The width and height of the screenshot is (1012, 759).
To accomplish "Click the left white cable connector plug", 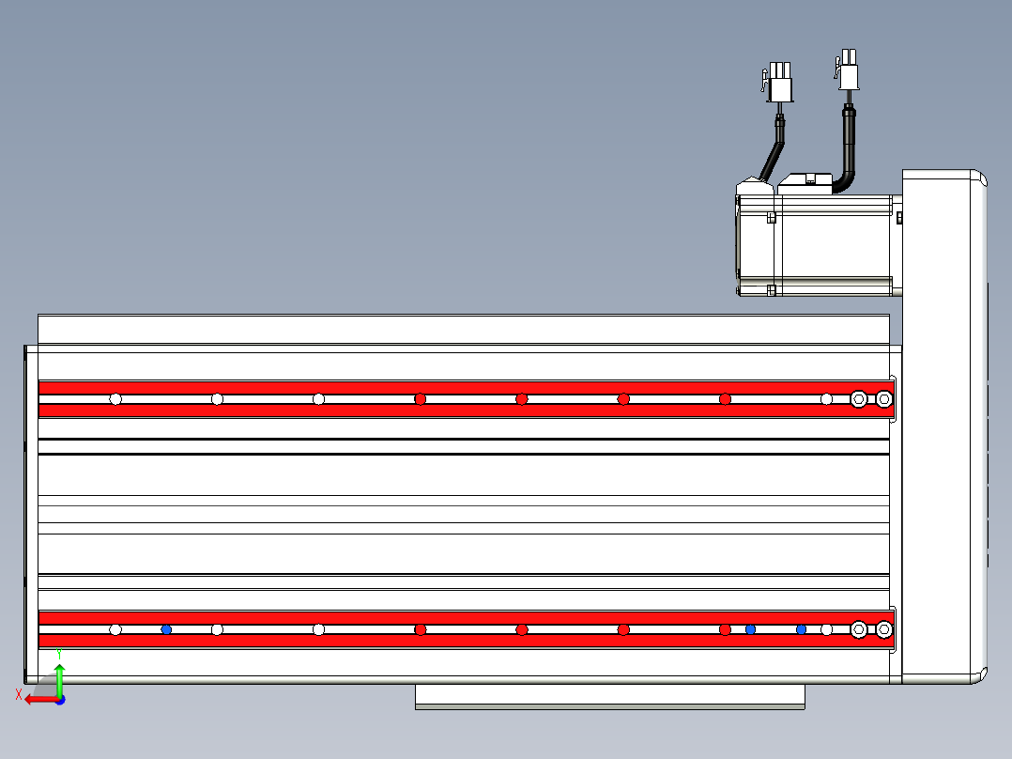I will (x=780, y=84).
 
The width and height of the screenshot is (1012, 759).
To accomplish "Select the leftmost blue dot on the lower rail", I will (x=166, y=629).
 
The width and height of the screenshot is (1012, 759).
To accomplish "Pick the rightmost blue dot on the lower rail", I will (x=801, y=629).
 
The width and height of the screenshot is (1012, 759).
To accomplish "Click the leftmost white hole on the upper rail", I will (x=115, y=399).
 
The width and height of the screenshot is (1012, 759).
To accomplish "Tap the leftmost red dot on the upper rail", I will (x=421, y=399).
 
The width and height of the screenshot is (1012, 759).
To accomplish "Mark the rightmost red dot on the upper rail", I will (x=725, y=399).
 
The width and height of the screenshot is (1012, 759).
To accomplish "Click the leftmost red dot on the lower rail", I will (x=421, y=629).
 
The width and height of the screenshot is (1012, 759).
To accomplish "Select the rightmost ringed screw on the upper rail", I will (x=883, y=399).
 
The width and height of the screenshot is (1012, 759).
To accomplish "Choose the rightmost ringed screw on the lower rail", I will (x=883, y=629).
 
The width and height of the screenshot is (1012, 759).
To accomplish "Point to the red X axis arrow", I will (x=38, y=700).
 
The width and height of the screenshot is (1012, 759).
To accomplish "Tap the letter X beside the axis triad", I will (x=19, y=695).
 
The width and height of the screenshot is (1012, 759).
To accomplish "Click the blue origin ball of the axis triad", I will (x=59, y=700).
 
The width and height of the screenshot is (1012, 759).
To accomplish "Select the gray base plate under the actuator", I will (x=609, y=696).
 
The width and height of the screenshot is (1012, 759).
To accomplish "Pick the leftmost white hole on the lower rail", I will (x=115, y=629).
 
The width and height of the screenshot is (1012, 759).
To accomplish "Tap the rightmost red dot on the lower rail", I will (x=725, y=629).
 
